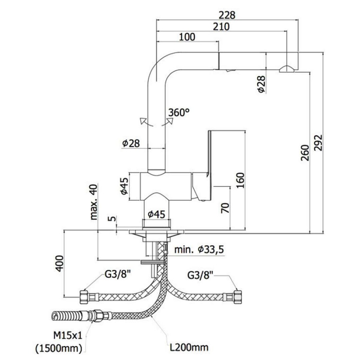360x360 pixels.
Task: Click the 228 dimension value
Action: [x=227, y=15]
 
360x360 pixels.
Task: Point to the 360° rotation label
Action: [x=179, y=113]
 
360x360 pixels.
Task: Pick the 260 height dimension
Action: [x=305, y=152]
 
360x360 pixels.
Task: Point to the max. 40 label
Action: [x=94, y=202]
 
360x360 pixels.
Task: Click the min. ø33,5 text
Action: [x=199, y=250]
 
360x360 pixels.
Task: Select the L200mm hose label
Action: [x=189, y=348]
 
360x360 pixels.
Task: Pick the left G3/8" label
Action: [x=118, y=275]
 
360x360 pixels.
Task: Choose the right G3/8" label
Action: [x=201, y=275]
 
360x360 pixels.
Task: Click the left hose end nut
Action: [x=84, y=297]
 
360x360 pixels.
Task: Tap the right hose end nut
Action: [x=237, y=297]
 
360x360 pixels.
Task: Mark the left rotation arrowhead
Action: [x=143, y=121]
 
